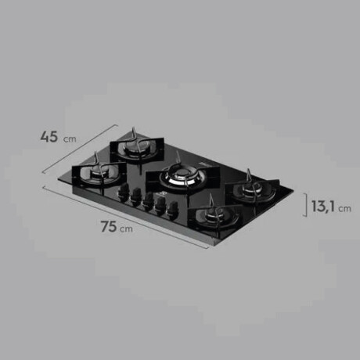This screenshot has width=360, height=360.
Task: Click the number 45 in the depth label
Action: point(49,137)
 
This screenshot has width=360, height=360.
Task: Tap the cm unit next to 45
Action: point(70,139)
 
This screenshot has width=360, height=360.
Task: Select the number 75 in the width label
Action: point(109,226)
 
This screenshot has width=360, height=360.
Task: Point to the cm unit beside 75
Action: point(126,229)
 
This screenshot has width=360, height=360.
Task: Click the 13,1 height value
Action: point(323,207)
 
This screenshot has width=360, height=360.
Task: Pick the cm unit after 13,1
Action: point(344,209)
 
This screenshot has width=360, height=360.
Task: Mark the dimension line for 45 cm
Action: point(80,149)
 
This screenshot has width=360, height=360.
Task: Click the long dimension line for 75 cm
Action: point(126,217)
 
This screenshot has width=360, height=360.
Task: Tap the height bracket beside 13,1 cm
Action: point(305,205)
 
